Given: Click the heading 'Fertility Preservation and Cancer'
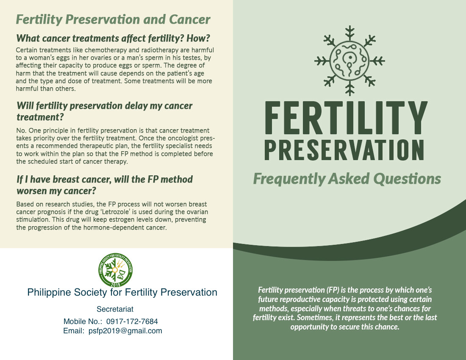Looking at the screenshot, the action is pyautogui.click(x=113, y=19).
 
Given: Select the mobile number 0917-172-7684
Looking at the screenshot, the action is pyautogui.click(x=132, y=321).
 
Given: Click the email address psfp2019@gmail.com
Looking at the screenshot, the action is pyautogui.click(x=125, y=331).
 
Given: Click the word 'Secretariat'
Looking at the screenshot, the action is pyautogui.click(x=115, y=309).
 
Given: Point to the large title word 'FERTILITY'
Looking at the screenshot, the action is pyautogui.click(x=346, y=118).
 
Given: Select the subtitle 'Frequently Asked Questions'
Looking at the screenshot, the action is pyautogui.click(x=347, y=179).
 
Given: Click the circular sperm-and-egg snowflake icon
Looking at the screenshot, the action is pyautogui.click(x=349, y=61).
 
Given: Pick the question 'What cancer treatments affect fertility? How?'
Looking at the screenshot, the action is pyautogui.click(x=113, y=38).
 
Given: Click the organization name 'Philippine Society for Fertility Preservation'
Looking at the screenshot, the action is pyautogui.click(x=122, y=292).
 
